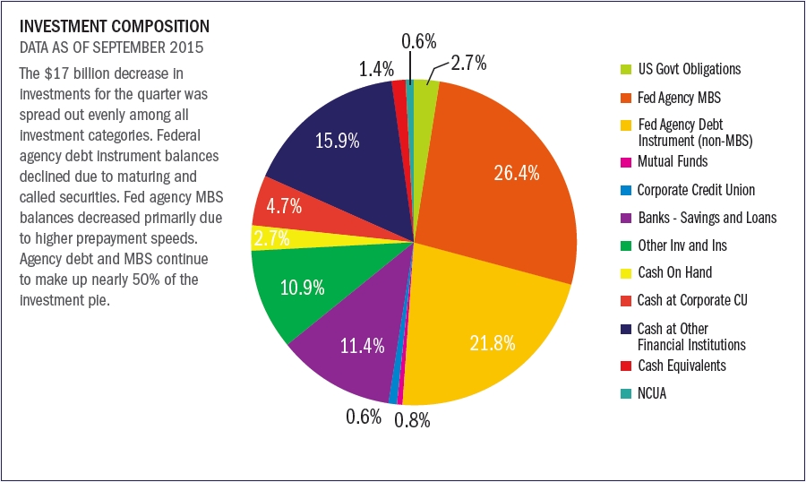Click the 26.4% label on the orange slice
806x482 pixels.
click(516, 173)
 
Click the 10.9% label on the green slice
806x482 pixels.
click(302, 289)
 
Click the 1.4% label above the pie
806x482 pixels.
click(376, 66)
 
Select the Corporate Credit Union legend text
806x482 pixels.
click(695, 190)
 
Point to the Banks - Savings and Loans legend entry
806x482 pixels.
click(706, 218)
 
